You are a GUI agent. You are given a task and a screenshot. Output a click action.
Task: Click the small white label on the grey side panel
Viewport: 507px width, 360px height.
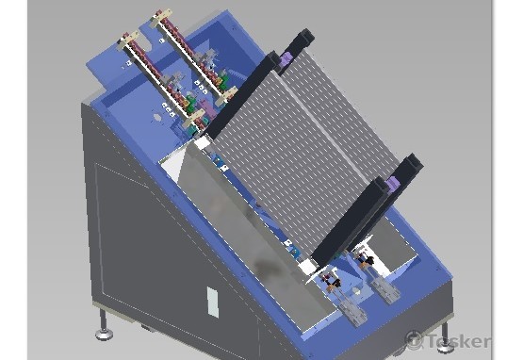(212, 302)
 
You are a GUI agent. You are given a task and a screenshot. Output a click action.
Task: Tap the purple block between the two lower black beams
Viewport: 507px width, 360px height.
(393, 185)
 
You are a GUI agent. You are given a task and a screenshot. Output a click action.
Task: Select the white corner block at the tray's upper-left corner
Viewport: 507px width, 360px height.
(202, 142)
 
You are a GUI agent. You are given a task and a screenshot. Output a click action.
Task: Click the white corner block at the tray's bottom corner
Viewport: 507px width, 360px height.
(306, 267)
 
